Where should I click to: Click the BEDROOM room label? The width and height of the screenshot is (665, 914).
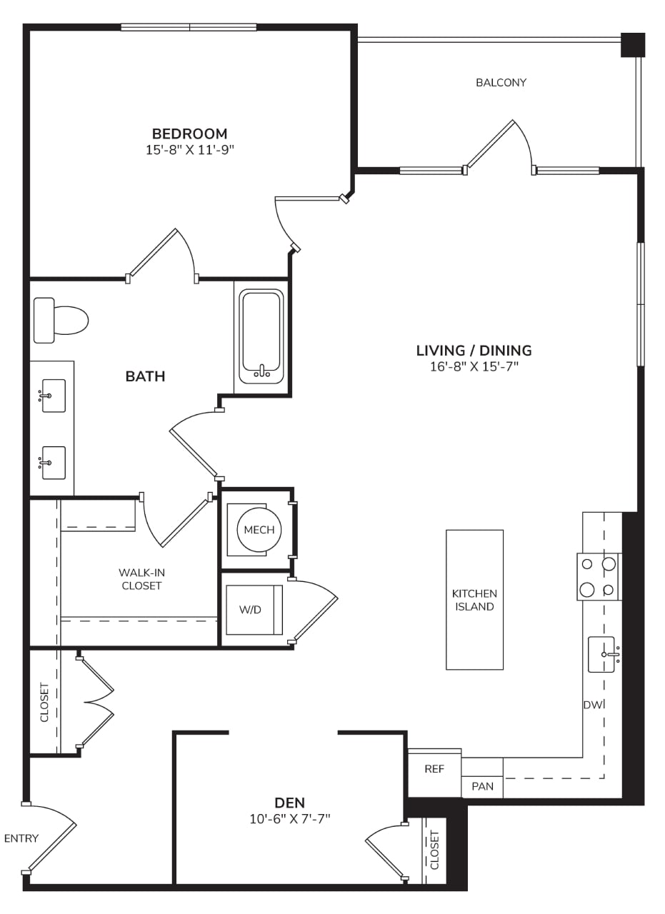pyautogui.click(x=189, y=134)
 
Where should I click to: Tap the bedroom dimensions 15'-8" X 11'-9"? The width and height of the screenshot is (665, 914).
pyautogui.click(x=190, y=150)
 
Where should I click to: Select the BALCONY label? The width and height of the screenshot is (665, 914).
pyautogui.click(x=501, y=82)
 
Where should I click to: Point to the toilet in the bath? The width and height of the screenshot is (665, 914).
pyautogui.click(x=61, y=321)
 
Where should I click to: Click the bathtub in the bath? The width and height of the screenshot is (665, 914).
pyautogui.click(x=261, y=336)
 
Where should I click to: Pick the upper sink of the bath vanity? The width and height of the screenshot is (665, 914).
pyautogui.click(x=54, y=396)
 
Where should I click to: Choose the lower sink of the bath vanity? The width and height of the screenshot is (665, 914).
pyautogui.click(x=54, y=463)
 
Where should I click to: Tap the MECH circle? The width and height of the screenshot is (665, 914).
pyautogui.click(x=259, y=530)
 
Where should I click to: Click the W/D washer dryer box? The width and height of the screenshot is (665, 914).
pyautogui.click(x=254, y=610)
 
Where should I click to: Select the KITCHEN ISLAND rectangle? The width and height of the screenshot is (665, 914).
pyautogui.click(x=474, y=600)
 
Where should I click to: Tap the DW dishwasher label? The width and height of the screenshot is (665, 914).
pyautogui.click(x=593, y=705)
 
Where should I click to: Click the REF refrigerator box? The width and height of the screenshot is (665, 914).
pyautogui.click(x=434, y=769)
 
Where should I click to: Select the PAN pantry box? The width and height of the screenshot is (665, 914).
pyautogui.click(x=482, y=786)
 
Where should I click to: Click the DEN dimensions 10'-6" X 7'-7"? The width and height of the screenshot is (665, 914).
pyautogui.click(x=290, y=818)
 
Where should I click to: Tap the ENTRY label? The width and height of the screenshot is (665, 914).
pyautogui.click(x=21, y=838)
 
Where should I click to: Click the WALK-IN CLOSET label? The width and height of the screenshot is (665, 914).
pyautogui.click(x=141, y=579)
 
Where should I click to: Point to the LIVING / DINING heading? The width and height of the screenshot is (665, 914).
pyautogui.click(x=474, y=351)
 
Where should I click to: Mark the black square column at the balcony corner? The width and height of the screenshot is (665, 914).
pyautogui.click(x=633, y=45)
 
